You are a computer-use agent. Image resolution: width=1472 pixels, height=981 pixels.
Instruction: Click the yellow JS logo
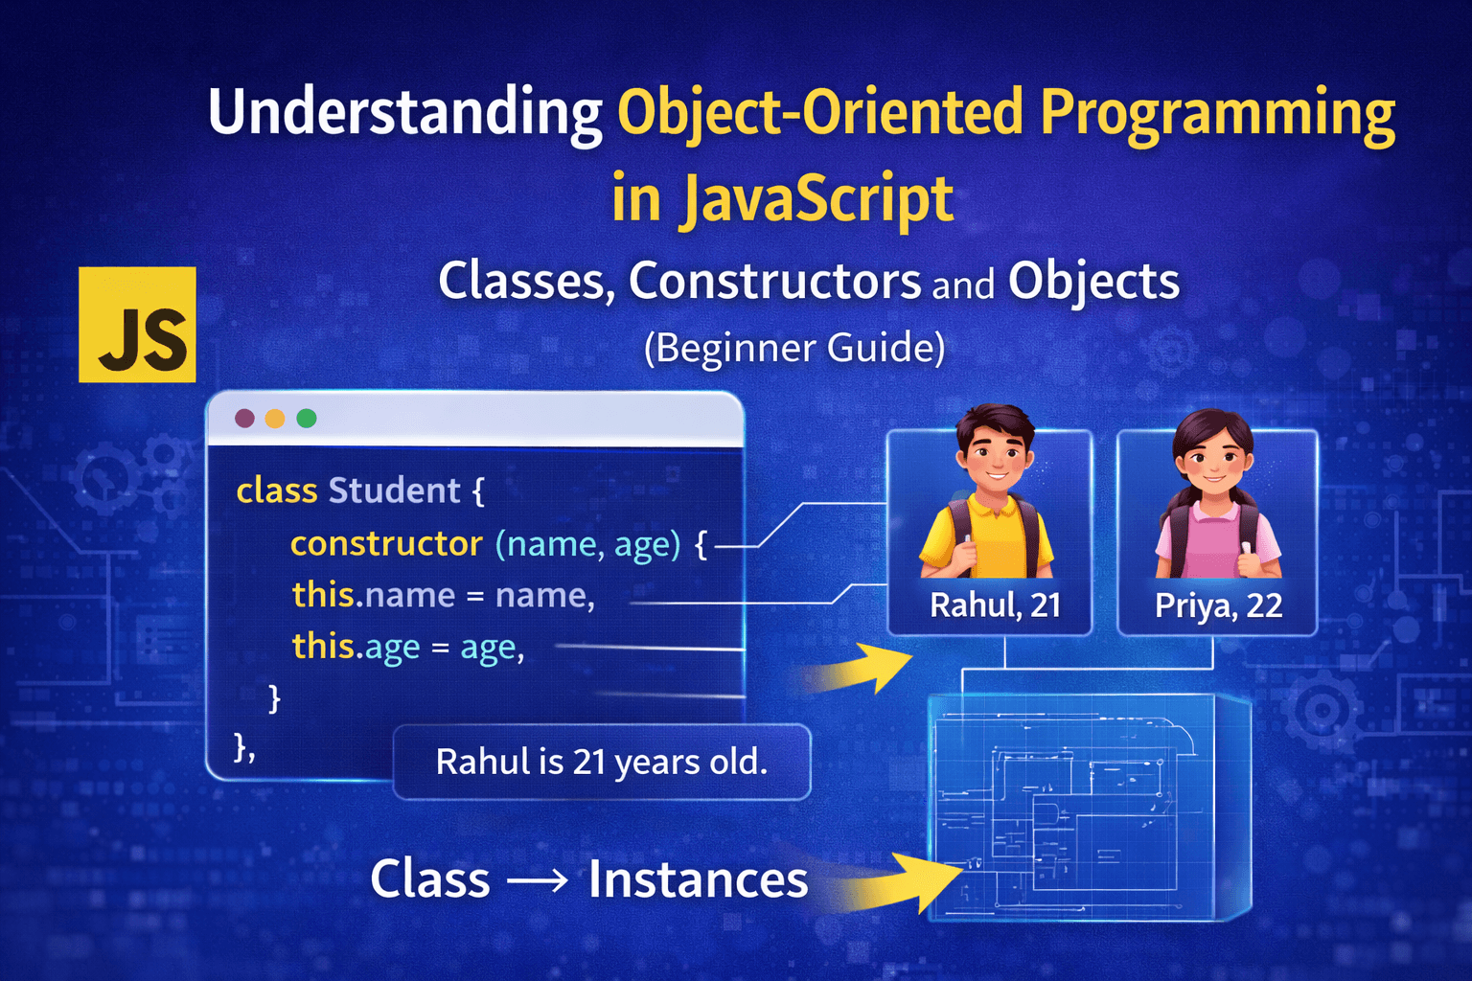pyautogui.click(x=137, y=325)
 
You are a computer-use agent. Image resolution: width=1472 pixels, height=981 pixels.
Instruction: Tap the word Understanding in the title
pyautogui.click(x=404, y=114)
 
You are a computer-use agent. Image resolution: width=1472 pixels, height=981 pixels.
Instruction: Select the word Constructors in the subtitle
pyautogui.click(x=774, y=282)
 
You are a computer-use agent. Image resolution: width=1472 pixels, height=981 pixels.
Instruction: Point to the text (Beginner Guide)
pyautogui.click(x=794, y=348)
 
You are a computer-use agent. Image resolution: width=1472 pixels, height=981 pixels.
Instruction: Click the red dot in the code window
pyautogui.click(x=244, y=419)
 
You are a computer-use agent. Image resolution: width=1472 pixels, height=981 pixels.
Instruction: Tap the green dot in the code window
pyautogui.click(x=307, y=419)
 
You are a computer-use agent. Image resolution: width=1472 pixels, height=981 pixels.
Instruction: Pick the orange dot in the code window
pyautogui.click(x=275, y=419)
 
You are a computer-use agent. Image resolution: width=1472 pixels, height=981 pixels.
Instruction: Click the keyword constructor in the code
pyautogui.click(x=386, y=544)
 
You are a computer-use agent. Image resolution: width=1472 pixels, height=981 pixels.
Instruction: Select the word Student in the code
pyautogui.click(x=394, y=490)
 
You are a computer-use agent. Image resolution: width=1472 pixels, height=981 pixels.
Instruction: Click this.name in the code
pyautogui.click(x=373, y=595)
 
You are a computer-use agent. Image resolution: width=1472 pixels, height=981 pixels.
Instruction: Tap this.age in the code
pyautogui.click(x=356, y=648)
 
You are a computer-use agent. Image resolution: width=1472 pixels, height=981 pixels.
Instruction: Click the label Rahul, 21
pyautogui.click(x=995, y=605)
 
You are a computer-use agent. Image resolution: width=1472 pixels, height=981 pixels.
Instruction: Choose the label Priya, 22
pyautogui.click(x=1218, y=605)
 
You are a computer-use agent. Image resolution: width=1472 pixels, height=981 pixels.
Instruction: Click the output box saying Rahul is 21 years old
pyautogui.click(x=602, y=763)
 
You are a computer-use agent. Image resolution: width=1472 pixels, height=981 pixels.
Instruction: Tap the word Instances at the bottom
pyautogui.click(x=698, y=879)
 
